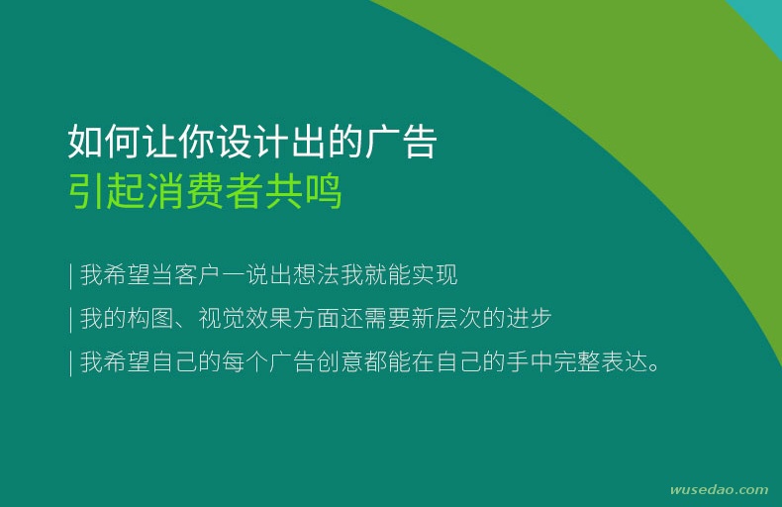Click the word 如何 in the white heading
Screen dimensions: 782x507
[x=104, y=142]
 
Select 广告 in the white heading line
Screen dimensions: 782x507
[x=401, y=142]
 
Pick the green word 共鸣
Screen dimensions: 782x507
[x=303, y=191]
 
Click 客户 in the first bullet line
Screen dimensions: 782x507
[x=197, y=274]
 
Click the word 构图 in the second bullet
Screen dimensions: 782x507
[x=149, y=318]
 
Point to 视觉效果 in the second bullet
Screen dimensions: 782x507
[x=244, y=318]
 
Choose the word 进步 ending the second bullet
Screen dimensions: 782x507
[x=530, y=318]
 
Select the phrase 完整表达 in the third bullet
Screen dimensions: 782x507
[x=600, y=361]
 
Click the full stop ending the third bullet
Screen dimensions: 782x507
[x=654, y=367]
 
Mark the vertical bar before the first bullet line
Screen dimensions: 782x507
[x=71, y=275]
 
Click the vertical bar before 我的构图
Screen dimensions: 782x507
[x=71, y=319]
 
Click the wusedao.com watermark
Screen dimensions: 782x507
[x=720, y=489]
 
